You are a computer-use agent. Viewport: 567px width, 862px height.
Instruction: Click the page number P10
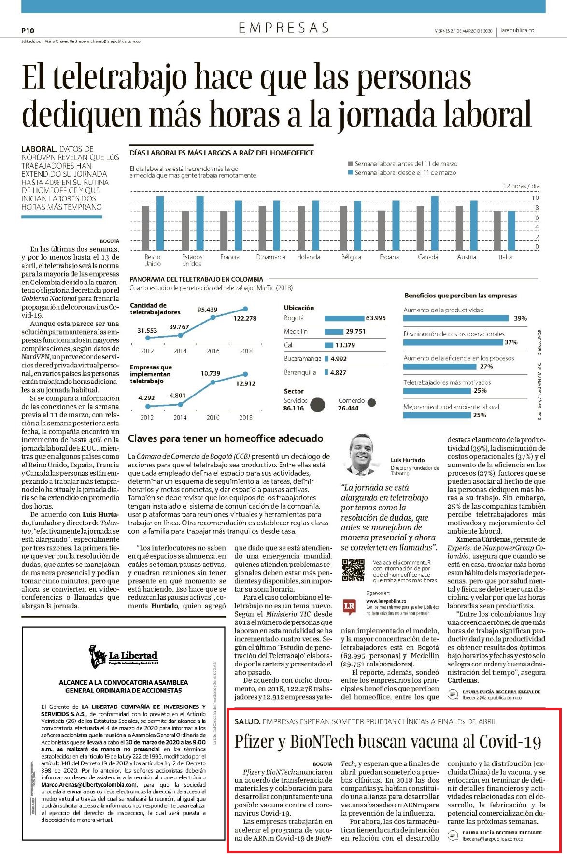click(x=28, y=30)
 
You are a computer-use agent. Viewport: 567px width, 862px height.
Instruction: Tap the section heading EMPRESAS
click(x=283, y=28)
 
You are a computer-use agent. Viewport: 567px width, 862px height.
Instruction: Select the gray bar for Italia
click(x=497, y=230)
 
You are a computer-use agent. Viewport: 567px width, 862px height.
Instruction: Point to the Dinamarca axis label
click(x=270, y=257)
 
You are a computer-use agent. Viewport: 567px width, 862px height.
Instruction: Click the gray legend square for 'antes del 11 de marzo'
click(x=351, y=164)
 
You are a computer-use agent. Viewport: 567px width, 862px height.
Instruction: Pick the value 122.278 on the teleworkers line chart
click(x=245, y=318)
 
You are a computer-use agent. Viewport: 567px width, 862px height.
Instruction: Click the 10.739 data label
click(x=211, y=373)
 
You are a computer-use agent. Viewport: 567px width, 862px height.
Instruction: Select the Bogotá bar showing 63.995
click(x=344, y=318)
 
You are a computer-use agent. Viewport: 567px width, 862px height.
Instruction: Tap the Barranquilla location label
click(x=300, y=372)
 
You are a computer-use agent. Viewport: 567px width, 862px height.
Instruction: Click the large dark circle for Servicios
click(x=317, y=405)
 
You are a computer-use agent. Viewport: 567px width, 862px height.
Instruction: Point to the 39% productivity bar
click(x=456, y=318)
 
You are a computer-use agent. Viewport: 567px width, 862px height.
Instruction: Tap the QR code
click(x=354, y=570)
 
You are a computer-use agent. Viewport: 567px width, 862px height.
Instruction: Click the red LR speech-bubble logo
click(x=349, y=607)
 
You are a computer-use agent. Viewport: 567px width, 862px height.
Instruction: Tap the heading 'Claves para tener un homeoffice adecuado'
click(x=226, y=438)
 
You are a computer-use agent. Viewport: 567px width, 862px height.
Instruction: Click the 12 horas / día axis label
click(x=521, y=186)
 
